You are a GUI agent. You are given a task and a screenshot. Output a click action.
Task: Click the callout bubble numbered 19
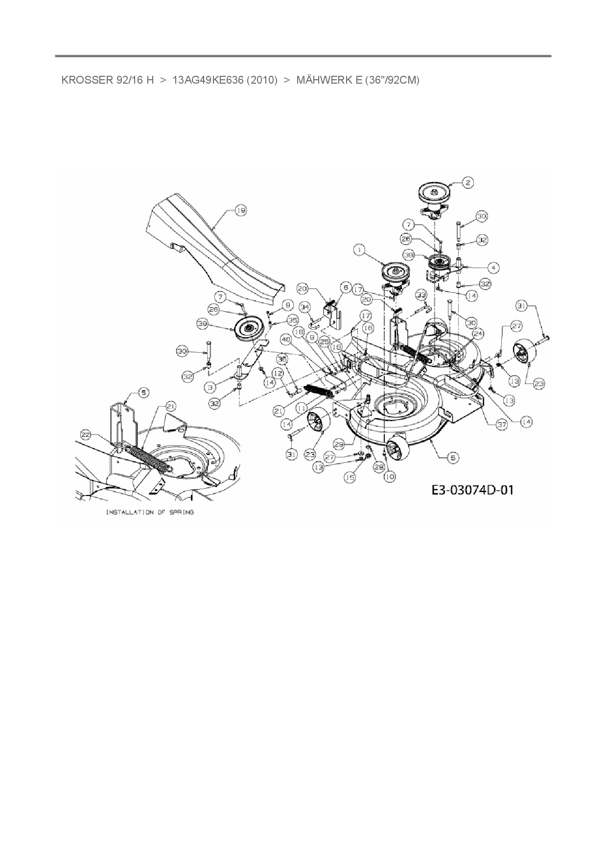(240, 210)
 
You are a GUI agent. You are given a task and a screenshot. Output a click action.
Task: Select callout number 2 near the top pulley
(467, 182)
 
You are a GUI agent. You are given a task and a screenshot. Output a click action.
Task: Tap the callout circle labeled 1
(360, 250)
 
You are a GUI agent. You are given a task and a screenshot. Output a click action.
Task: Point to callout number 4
(493, 268)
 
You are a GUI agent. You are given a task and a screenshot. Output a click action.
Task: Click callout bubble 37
(501, 425)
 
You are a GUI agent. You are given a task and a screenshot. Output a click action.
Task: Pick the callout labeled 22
(86, 434)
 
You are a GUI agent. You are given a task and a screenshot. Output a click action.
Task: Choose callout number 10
(389, 476)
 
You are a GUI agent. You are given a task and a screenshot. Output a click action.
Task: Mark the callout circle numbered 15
(350, 477)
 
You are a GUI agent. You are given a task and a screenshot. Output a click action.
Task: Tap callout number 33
(421, 294)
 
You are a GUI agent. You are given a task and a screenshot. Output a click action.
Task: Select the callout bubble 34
(305, 307)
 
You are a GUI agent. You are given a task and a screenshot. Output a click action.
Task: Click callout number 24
(477, 334)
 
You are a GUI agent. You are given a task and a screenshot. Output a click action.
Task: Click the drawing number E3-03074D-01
(472, 489)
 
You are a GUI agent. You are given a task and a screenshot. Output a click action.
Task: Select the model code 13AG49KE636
(208, 80)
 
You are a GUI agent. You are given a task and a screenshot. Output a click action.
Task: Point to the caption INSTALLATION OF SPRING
(150, 512)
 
